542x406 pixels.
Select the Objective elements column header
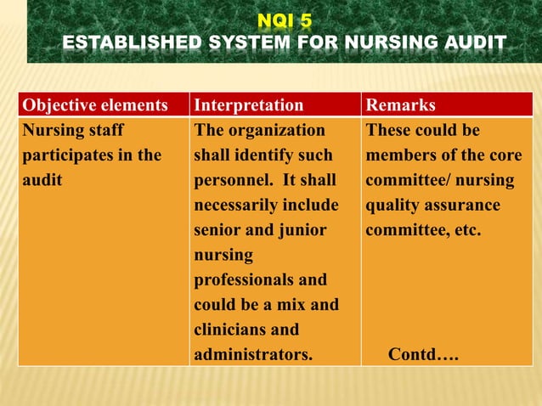click(x=95, y=105)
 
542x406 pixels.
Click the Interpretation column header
click(x=248, y=105)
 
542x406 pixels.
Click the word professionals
click(x=242, y=279)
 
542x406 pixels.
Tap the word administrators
click(x=252, y=353)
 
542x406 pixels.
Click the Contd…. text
click(x=423, y=353)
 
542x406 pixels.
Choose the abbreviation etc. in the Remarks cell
click(x=468, y=230)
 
